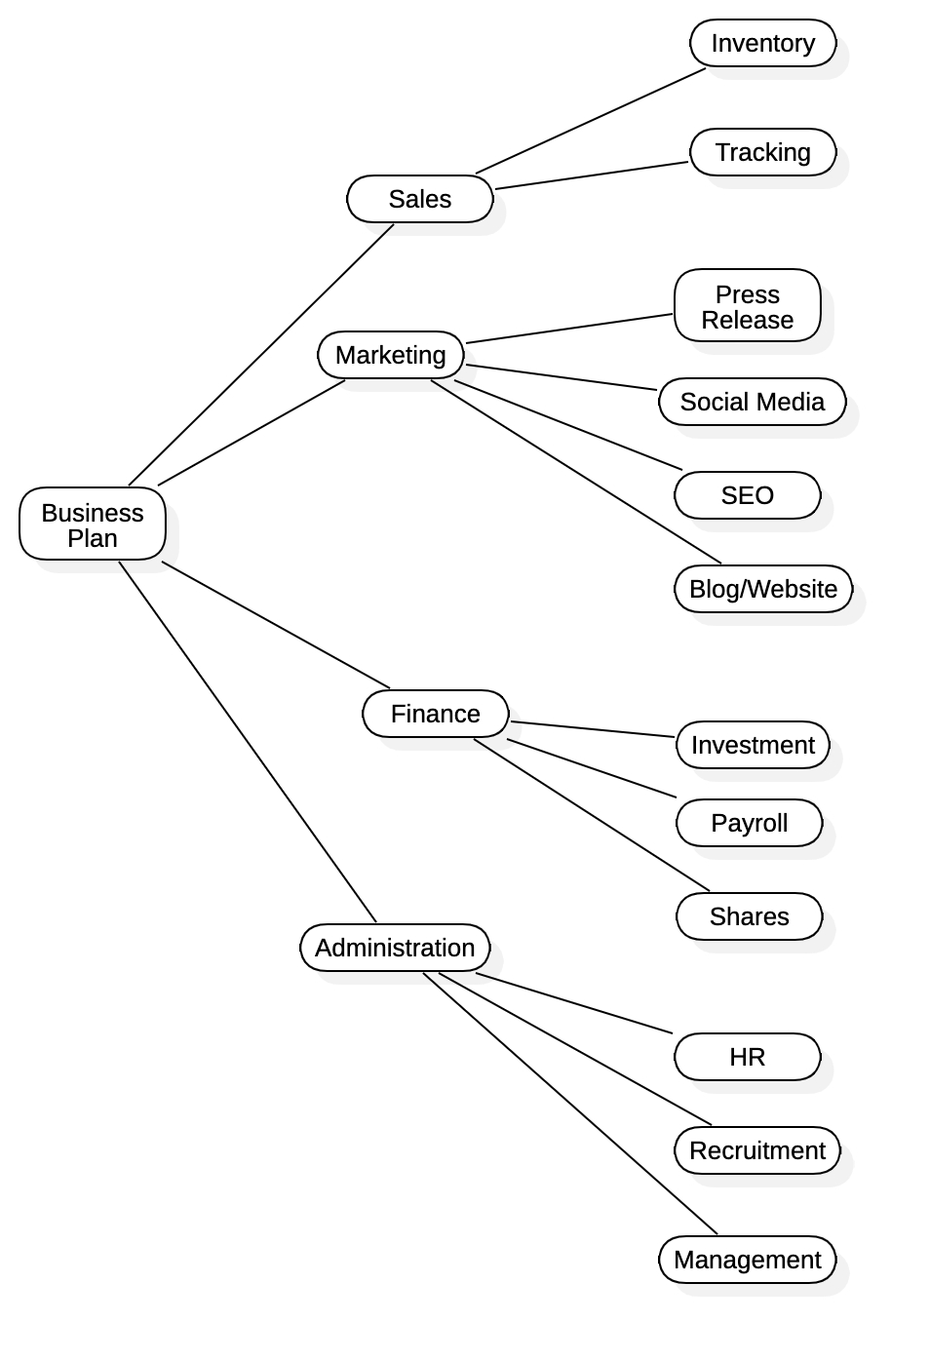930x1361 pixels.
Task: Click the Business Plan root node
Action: (x=93, y=525)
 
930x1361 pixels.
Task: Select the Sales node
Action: (x=420, y=199)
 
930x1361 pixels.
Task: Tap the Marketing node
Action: (x=391, y=355)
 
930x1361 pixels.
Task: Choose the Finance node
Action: (x=436, y=714)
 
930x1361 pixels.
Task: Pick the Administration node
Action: (x=395, y=948)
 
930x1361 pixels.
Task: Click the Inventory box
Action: (x=763, y=43)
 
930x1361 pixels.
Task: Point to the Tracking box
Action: (x=763, y=152)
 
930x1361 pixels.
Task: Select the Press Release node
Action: (x=748, y=306)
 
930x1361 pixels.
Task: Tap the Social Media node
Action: (x=753, y=402)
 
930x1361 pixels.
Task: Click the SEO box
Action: (x=748, y=495)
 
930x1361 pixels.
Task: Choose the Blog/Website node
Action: (x=763, y=589)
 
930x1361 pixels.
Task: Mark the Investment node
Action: (x=753, y=745)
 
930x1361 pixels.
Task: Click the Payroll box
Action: (x=750, y=823)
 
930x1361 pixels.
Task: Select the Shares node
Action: (x=750, y=916)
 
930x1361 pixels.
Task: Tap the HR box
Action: (x=748, y=1057)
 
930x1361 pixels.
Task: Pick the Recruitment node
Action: (x=757, y=1150)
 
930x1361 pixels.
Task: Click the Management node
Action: (x=748, y=1260)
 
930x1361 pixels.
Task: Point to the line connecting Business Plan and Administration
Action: (x=248, y=742)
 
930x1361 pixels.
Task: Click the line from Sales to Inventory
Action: (x=591, y=121)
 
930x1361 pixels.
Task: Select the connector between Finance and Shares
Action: (x=592, y=815)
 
